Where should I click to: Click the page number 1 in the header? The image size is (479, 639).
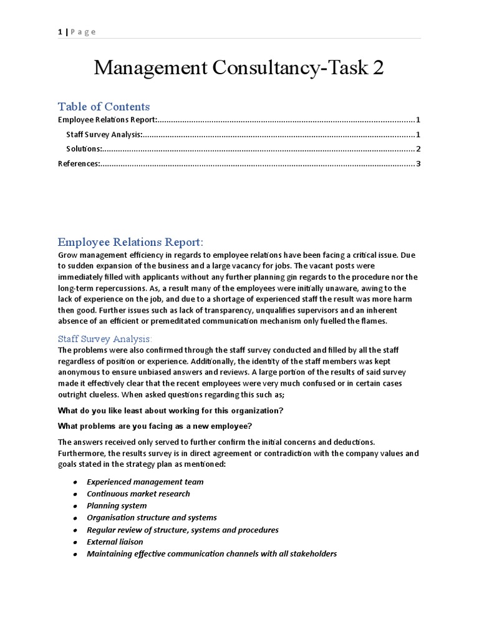[x=60, y=32]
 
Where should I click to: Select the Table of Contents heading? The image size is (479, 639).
[x=104, y=106]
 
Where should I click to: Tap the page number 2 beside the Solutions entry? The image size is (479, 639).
[x=419, y=149]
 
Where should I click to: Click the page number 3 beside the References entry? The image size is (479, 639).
[x=419, y=164]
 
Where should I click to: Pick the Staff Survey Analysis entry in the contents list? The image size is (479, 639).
[x=104, y=134]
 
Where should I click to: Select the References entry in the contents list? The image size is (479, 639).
[x=79, y=164]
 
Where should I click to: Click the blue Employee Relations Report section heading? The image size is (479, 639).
[x=130, y=242]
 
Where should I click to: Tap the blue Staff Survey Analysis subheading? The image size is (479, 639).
[x=105, y=339]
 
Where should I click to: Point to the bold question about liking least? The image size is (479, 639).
[x=170, y=411]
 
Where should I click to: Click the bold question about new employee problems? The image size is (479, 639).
[x=155, y=426]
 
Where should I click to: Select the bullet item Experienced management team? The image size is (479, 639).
[x=145, y=482]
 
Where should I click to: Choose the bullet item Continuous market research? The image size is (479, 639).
[x=138, y=494]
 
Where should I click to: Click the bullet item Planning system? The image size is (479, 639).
[x=117, y=505]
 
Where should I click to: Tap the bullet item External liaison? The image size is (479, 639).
[x=115, y=542]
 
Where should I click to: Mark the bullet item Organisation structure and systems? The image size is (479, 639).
[x=152, y=517]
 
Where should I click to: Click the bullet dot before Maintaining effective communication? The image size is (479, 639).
[x=75, y=554]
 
